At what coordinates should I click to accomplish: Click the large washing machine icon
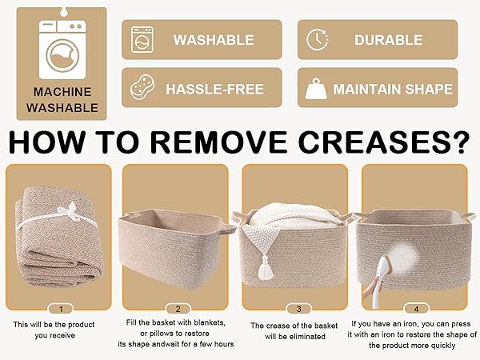tap(62, 50)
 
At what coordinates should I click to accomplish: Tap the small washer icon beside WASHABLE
tap(142, 39)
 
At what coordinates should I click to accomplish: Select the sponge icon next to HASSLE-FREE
tap(142, 87)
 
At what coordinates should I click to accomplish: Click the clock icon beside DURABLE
tap(317, 39)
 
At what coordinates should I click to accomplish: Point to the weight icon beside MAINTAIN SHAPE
tap(316, 89)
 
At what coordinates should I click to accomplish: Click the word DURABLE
tap(389, 40)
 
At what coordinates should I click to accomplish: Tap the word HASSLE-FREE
tap(214, 90)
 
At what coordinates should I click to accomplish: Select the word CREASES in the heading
tap(384, 142)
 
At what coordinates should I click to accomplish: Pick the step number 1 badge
tap(62, 309)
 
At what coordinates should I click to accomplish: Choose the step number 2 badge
tap(178, 309)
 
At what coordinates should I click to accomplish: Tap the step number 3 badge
tap(298, 309)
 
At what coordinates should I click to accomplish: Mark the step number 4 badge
tap(416, 309)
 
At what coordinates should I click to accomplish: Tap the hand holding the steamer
tap(370, 289)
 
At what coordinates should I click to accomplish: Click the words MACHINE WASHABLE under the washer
tap(62, 100)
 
